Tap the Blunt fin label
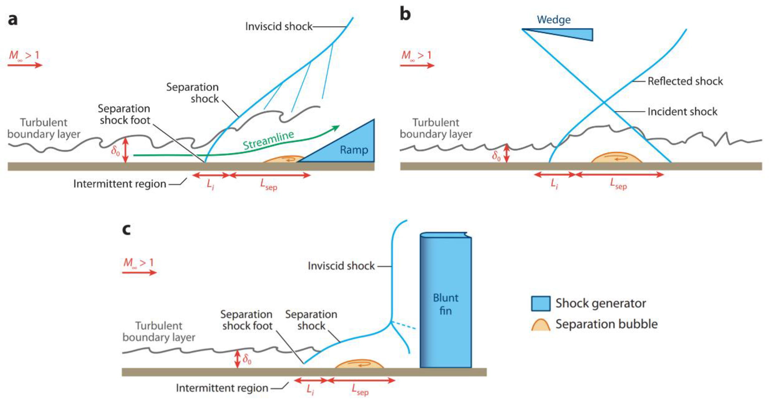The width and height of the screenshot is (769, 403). click(x=445, y=304)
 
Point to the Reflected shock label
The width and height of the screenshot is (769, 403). click(x=685, y=81)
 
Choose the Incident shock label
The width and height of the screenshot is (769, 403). click(x=682, y=112)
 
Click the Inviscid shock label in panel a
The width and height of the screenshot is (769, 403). click(x=278, y=27)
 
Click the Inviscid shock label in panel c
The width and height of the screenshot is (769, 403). click(x=341, y=266)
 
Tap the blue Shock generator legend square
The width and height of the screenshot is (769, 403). click(x=541, y=304)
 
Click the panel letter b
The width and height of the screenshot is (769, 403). click(x=405, y=14)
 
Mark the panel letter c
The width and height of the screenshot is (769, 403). click(x=127, y=230)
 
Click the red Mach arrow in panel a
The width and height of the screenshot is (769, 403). click(x=25, y=65)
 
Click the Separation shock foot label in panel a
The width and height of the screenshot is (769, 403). click(x=124, y=114)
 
